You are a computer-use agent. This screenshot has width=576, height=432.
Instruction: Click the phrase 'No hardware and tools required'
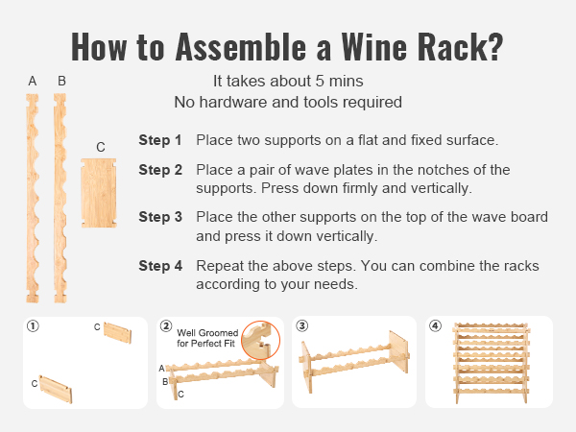click(x=287, y=102)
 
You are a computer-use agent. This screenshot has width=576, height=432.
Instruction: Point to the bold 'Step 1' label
click(x=159, y=140)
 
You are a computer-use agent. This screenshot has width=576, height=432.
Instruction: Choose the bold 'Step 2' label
click(x=159, y=170)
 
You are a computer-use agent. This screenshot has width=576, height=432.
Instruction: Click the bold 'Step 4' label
click(x=159, y=265)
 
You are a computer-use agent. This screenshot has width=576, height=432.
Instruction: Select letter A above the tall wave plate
click(x=33, y=82)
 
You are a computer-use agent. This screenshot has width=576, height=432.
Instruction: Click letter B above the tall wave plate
click(x=61, y=82)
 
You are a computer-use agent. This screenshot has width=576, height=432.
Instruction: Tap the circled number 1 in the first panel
click(x=34, y=326)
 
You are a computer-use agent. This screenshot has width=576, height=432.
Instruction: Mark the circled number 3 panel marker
click(x=303, y=326)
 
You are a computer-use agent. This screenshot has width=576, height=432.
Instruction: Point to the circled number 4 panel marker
click(x=435, y=326)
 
